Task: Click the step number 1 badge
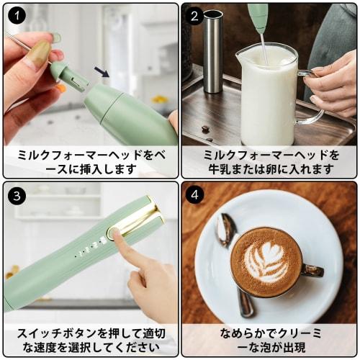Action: click(16, 16)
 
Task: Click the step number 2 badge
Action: click(195, 16)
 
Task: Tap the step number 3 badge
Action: click(16, 194)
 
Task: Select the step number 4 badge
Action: click(195, 194)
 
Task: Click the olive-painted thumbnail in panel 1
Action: click(40, 52)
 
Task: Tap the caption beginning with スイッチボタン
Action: click(90, 341)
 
